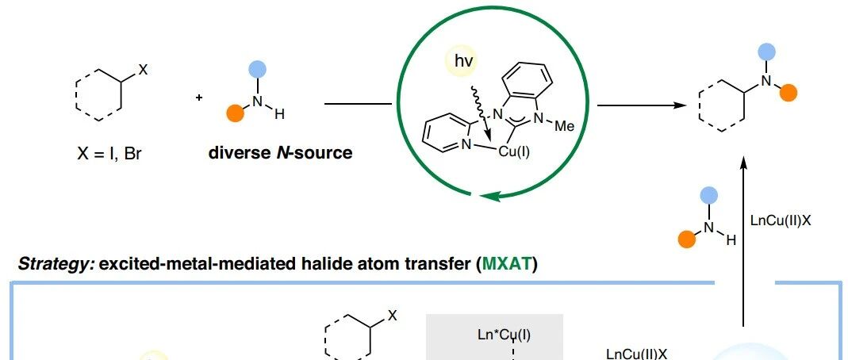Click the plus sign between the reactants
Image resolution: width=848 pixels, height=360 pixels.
click(x=198, y=98)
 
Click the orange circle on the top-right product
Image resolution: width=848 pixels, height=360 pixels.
click(x=787, y=94)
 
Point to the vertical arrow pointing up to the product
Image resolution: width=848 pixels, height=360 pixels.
click(x=742, y=238)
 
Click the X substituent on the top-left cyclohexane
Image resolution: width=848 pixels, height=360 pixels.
click(x=143, y=70)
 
